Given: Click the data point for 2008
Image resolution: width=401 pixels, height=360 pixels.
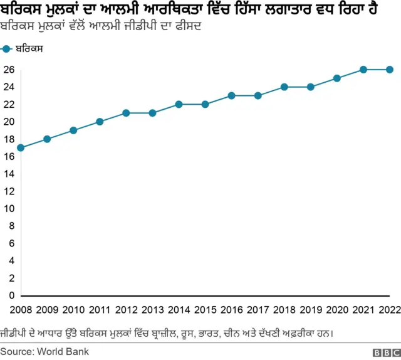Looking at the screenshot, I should coord(21,148).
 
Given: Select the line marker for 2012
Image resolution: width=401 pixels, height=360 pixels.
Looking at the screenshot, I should coord(126,113).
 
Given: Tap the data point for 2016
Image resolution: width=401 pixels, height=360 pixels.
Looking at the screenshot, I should coord(231,96).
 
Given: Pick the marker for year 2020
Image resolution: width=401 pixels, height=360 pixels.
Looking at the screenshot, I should coord(336,78).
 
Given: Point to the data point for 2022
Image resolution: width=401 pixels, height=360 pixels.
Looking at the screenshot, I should coord(389,70).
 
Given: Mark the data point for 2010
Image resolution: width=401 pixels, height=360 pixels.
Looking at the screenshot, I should coord(73,130).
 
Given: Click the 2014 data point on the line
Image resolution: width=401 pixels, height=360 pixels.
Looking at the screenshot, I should coord(179,104).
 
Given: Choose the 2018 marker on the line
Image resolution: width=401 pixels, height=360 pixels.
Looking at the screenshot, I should coord(284,87).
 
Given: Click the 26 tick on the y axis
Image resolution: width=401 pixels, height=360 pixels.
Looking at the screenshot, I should coord(8,70).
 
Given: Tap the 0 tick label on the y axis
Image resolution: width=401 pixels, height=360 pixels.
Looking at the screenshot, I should coord(11,295).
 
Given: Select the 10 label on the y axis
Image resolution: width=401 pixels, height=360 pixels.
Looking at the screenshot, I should coord(8,208).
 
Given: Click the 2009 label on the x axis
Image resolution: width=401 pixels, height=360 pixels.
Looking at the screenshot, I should coord(47,309).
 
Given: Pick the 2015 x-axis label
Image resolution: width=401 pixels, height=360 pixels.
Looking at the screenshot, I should coord(205,309).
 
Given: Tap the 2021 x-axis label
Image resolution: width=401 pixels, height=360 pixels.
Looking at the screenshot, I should coord(363,309).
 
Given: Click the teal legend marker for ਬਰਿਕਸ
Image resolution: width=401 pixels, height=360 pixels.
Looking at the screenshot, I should coord(7,48).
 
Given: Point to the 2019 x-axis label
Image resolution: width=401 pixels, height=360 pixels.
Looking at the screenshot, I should coord(310,309).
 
